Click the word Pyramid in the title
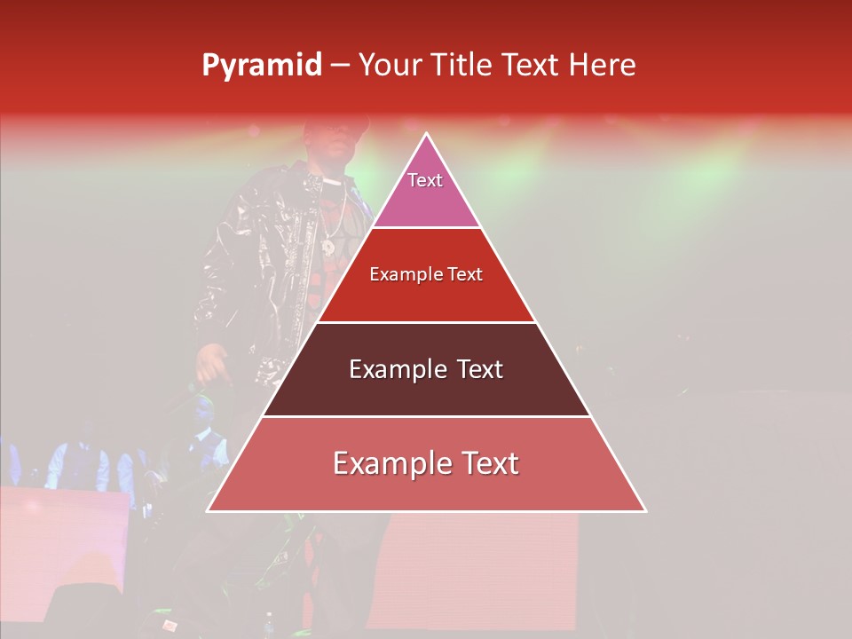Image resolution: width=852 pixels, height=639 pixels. pos(262,66)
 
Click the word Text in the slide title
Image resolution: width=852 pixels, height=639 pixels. pos(531,65)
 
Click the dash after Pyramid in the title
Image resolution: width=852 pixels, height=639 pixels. pos(340,66)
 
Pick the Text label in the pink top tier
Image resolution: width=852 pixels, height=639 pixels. pos(425,180)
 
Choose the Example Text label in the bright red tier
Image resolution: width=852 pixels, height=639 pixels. pos(426,274)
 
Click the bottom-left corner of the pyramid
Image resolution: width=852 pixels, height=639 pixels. pos(209,510)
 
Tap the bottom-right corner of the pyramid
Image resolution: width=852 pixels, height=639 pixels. pos(645,510)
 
